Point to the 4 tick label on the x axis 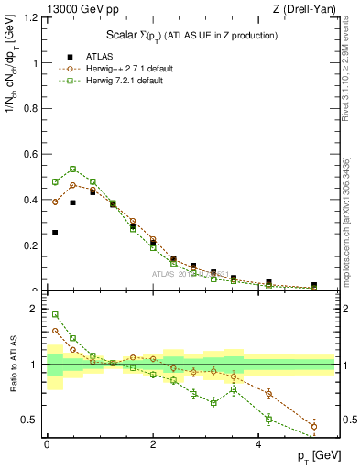pos(259,444)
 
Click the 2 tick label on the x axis pos(153,444)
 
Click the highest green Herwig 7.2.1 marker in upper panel pos(72,169)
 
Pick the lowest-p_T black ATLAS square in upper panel pos(55,233)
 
